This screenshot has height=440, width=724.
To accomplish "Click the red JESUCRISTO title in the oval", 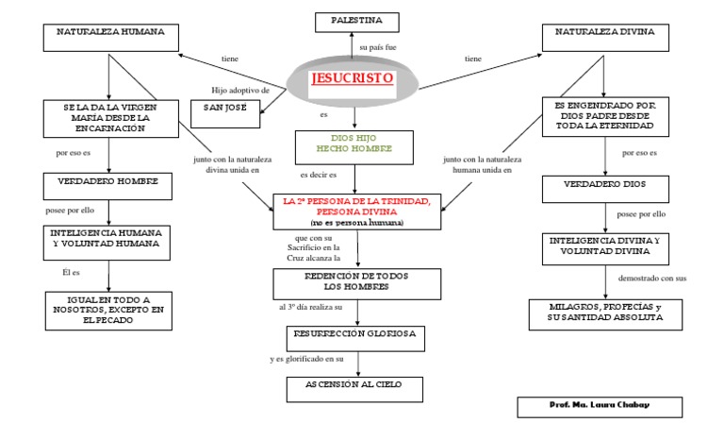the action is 353,77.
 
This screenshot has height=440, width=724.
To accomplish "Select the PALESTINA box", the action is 357,23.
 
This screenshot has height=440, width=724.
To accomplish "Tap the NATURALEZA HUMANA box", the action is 111,38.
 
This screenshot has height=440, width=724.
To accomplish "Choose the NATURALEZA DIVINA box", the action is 605,38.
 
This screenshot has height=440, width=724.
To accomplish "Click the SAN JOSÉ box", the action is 225,114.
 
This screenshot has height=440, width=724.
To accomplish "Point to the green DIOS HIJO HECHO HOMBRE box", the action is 354,147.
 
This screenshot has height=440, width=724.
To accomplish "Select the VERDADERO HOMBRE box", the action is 107,186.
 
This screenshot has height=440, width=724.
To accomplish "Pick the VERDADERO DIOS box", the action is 605,189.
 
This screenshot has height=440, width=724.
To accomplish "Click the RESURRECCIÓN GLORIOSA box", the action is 355,339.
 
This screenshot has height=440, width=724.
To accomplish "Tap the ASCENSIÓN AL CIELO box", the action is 354,390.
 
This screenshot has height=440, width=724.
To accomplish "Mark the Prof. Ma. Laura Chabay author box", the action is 600,407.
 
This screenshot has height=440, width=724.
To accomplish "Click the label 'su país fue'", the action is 378,47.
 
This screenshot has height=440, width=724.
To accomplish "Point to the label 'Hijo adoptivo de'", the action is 240,91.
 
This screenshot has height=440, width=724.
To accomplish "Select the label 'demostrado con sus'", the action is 652,278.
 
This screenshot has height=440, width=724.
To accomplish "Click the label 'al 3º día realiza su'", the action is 310,307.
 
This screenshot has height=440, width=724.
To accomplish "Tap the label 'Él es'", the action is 71,272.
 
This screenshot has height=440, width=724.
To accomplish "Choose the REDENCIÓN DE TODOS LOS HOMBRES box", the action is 357,284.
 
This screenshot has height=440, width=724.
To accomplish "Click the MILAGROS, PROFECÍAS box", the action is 605,314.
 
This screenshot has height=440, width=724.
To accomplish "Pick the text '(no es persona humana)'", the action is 357,223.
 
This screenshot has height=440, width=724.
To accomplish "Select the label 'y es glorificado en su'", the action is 306,359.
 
